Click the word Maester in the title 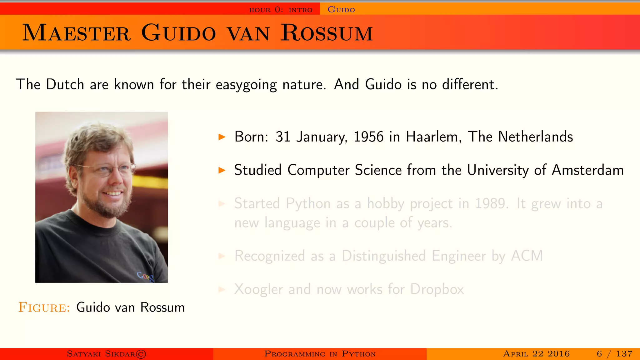pos(76,33)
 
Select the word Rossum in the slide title pos(327,33)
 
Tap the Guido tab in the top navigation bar pos(341,10)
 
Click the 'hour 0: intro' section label pos(281,10)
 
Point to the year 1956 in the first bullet pos(368,137)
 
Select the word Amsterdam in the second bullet pos(587,170)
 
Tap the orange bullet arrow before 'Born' pos(222,137)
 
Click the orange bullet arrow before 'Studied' pos(222,170)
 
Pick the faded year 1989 pos(491,204)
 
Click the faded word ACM pos(527,256)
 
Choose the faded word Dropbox pos(437,289)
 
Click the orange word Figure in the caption pos(44,307)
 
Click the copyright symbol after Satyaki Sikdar pos(141,354)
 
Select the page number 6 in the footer pos(599,354)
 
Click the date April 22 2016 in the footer pos(536,354)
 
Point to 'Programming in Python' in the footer pos(320,354)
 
